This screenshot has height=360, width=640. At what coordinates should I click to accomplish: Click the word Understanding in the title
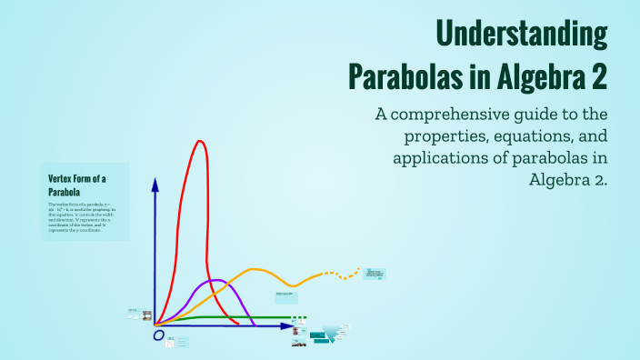(522, 34)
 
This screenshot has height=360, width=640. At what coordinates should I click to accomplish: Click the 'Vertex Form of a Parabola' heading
(77, 185)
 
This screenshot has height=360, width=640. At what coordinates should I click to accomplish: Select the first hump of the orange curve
(255, 270)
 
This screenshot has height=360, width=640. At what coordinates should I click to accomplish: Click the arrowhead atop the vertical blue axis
(155, 185)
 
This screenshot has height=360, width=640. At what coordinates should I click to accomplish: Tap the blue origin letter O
(158, 336)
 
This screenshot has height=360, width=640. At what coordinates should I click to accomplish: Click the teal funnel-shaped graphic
(343, 335)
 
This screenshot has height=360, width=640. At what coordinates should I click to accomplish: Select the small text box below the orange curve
(285, 295)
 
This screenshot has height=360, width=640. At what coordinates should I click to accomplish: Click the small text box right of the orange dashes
(375, 273)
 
